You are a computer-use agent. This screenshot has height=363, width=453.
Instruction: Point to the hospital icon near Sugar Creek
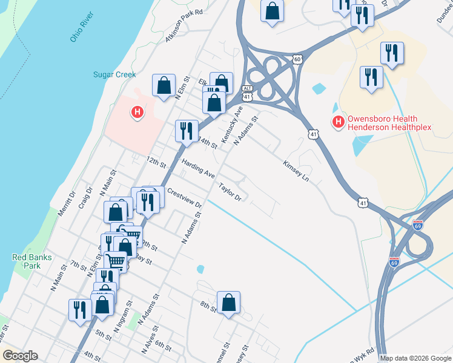point(138,112)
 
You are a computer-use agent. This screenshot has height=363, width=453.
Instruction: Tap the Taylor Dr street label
point(230,192)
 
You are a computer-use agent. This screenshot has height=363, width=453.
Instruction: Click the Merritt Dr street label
point(66,204)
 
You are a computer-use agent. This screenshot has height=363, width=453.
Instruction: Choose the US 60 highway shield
point(296,59)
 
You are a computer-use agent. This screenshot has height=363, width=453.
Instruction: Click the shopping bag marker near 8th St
point(228,304)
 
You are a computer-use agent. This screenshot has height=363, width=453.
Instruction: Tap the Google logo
point(20,356)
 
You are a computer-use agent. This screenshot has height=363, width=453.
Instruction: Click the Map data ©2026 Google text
point(415,358)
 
